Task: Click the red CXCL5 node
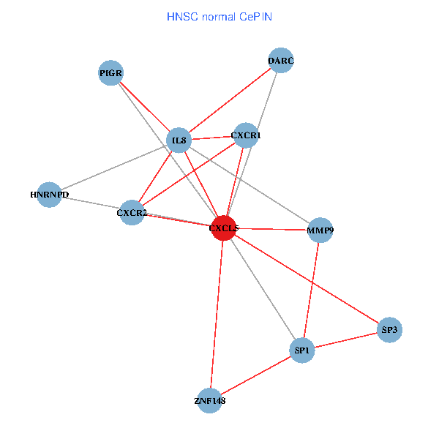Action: [x=223, y=228]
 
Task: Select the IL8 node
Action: [x=179, y=140]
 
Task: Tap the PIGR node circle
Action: [x=110, y=72]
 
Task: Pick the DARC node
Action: [x=281, y=60]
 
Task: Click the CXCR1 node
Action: [x=246, y=135]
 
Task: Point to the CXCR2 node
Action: [x=132, y=213]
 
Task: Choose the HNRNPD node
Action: [x=48, y=195]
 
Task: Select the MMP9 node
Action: [x=320, y=230]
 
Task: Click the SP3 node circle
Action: [x=390, y=330]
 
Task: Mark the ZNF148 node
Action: [x=210, y=400]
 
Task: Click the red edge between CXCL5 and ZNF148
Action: [x=217, y=315]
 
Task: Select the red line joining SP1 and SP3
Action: [x=346, y=340]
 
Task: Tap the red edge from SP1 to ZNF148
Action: [x=256, y=375]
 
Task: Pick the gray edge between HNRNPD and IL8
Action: [x=113, y=168]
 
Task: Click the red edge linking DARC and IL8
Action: [x=230, y=100]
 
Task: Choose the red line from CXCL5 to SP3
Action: [x=307, y=279]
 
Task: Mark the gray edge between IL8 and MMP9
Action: [x=249, y=185]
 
